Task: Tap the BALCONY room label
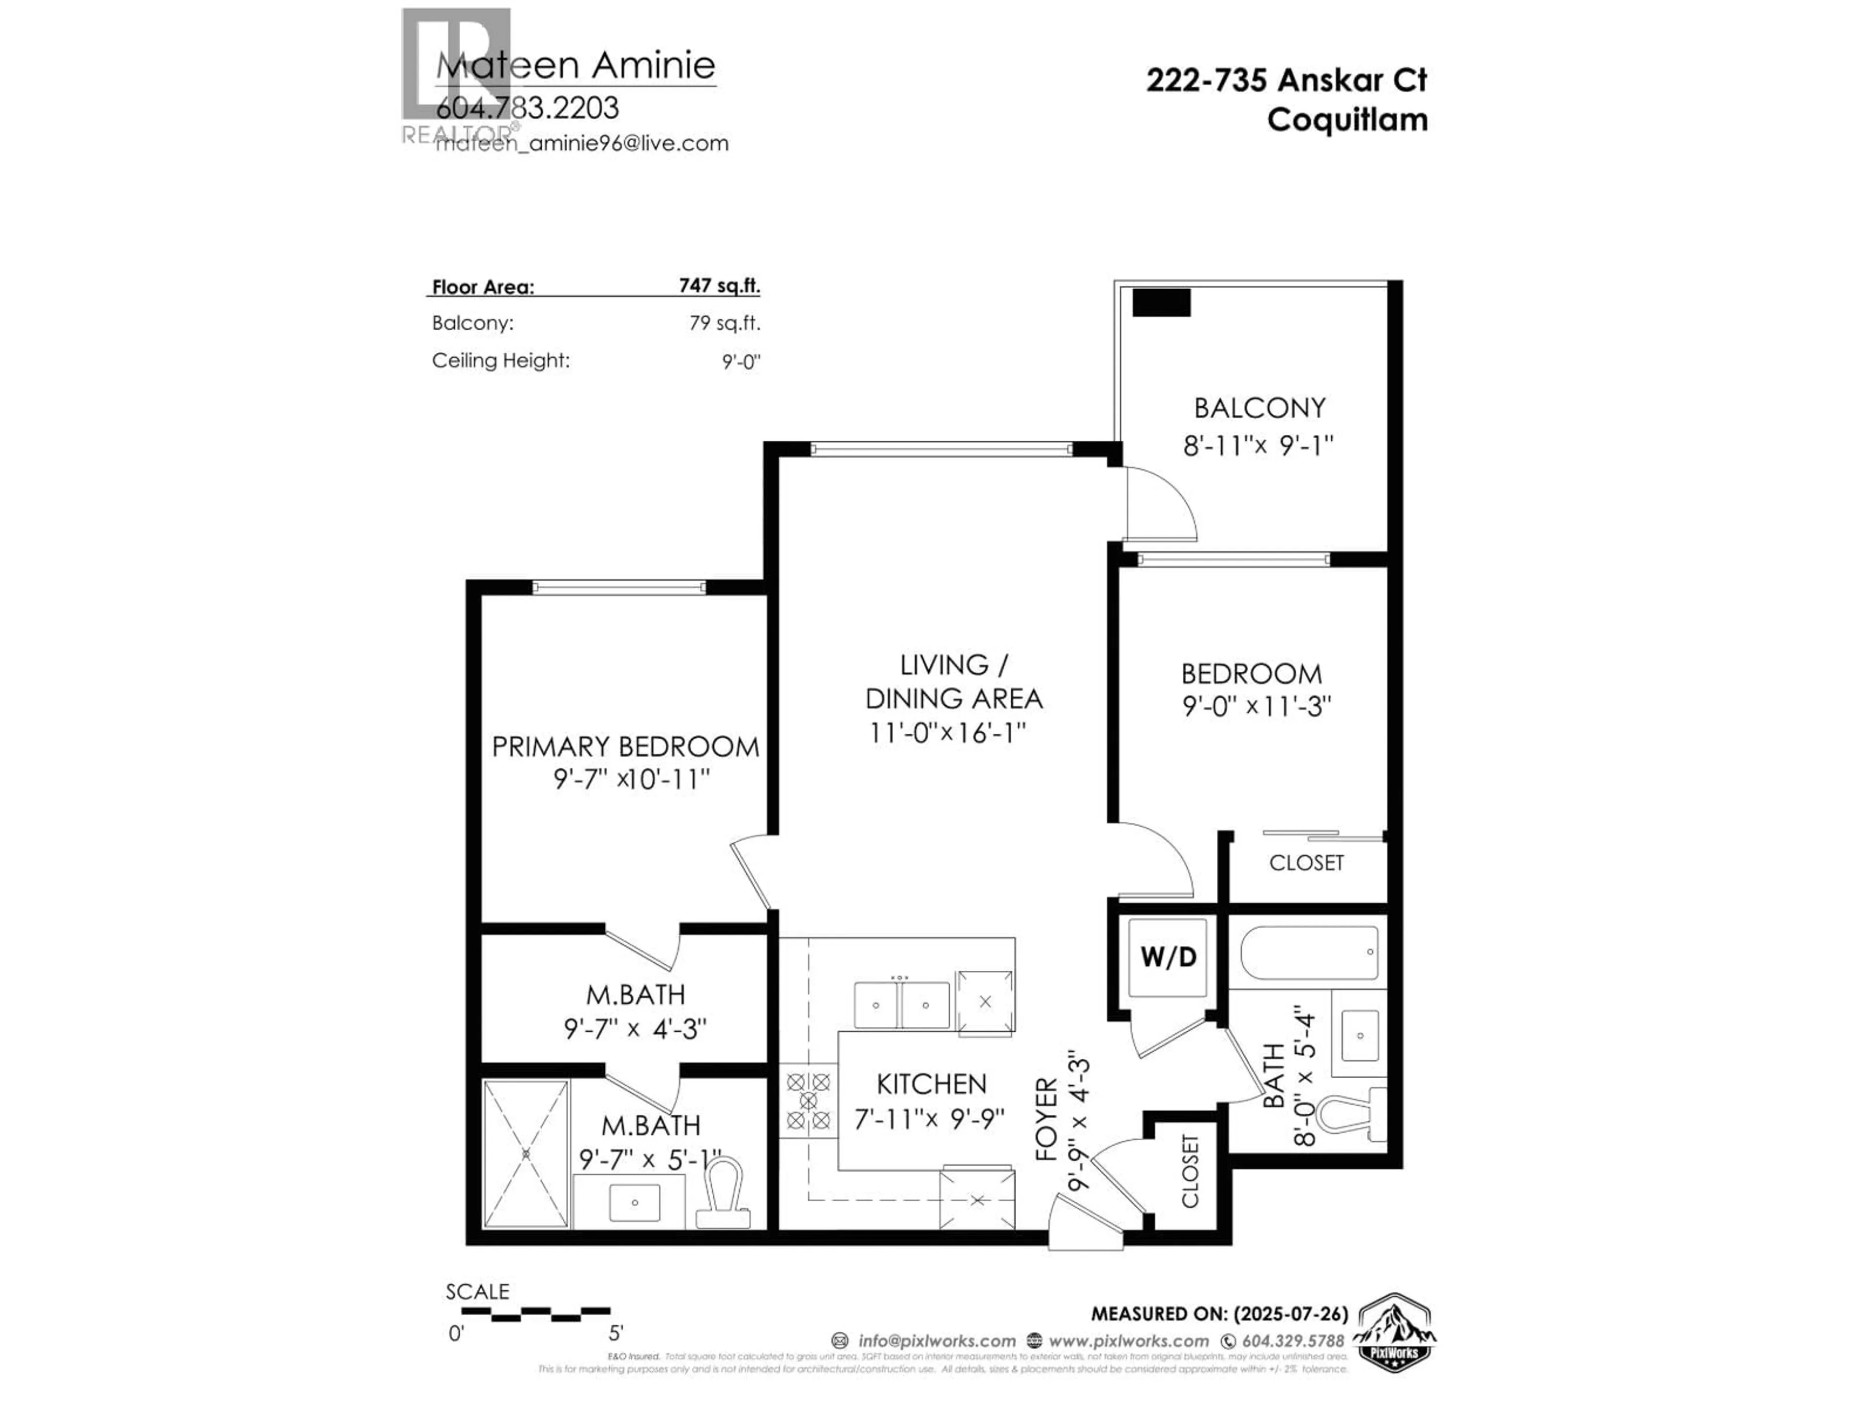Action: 1259,408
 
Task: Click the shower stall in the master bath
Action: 526,1153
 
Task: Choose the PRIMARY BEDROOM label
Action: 625,746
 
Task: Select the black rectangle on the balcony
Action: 1161,303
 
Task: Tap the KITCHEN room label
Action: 931,1084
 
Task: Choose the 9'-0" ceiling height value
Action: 741,362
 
